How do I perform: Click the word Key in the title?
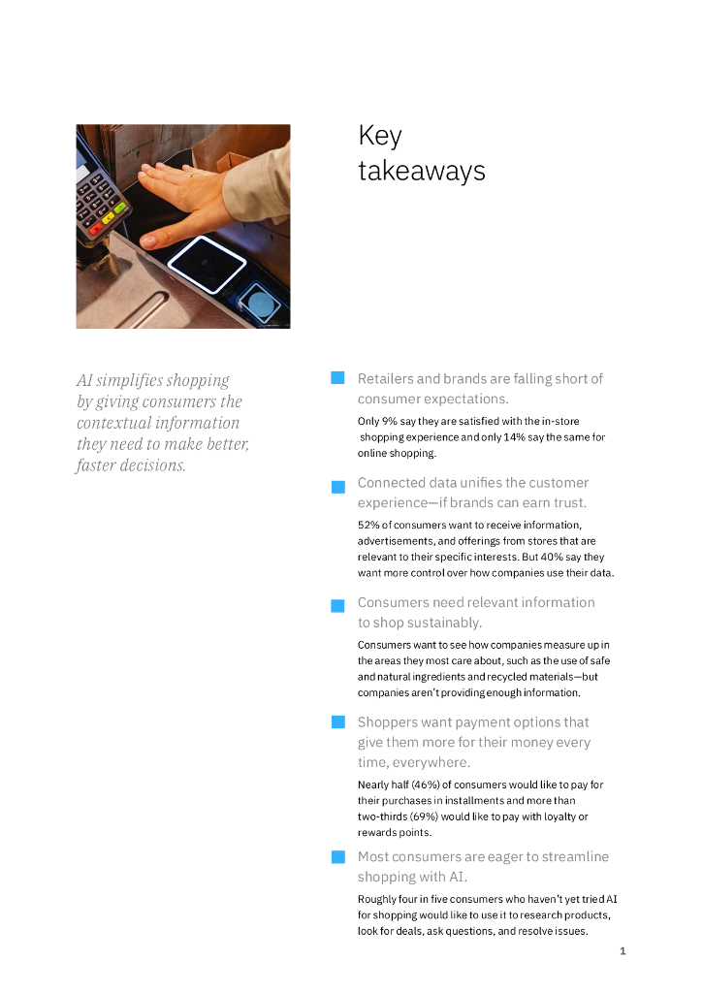(x=379, y=136)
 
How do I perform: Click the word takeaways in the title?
(x=421, y=171)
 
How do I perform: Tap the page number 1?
(x=623, y=951)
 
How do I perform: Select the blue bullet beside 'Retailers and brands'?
(x=337, y=377)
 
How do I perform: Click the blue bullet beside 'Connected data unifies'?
(x=337, y=487)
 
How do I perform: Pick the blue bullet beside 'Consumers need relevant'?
(x=337, y=606)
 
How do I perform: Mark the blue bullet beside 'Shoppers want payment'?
(x=337, y=721)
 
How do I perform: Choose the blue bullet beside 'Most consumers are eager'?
(x=337, y=856)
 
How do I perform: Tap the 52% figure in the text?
(x=368, y=526)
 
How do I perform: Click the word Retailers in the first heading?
(x=384, y=378)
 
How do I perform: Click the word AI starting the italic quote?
(x=84, y=380)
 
